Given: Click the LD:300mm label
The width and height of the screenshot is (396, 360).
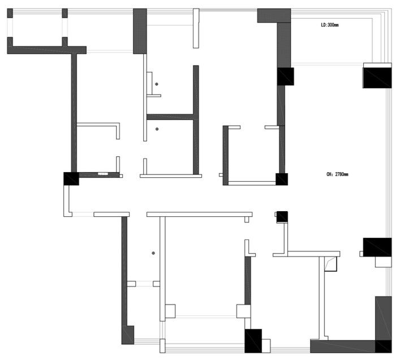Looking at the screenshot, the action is click(x=329, y=25).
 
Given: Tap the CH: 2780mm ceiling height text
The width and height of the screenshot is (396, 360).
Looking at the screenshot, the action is click(x=337, y=174).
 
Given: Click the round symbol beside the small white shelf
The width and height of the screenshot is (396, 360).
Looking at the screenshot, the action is click(x=157, y=84).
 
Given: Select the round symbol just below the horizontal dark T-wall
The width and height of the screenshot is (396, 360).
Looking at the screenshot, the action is click(x=157, y=129).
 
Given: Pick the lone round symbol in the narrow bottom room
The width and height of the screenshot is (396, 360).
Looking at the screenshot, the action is click(x=153, y=253).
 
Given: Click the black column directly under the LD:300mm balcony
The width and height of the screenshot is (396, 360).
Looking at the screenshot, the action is click(x=285, y=76).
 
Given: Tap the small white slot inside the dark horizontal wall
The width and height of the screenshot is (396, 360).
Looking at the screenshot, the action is click(x=103, y=174).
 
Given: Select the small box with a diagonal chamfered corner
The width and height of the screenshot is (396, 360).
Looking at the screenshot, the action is click(x=330, y=264).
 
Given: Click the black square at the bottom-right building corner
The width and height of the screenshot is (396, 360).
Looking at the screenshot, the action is click(x=384, y=346).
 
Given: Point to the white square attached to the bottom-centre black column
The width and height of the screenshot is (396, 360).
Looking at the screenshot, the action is click(x=266, y=346).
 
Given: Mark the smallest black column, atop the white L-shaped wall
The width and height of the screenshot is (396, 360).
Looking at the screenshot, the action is click(x=282, y=217).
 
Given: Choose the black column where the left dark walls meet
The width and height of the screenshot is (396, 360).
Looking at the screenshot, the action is click(x=71, y=179).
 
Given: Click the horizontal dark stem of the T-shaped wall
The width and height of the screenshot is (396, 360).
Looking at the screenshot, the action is click(x=170, y=117).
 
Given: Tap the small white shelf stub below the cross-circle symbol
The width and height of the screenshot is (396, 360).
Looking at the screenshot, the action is click(x=154, y=96).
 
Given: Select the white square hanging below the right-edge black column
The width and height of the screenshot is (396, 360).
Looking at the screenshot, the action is click(x=383, y=262).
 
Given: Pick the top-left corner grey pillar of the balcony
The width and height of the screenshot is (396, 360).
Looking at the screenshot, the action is click(x=10, y=13).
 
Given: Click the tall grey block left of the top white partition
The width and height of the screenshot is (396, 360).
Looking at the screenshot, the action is click(x=140, y=31).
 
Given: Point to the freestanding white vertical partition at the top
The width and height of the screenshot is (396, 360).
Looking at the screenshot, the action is click(x=196, y=28).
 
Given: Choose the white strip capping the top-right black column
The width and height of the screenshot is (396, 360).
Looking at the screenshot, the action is click(x=377, y=65).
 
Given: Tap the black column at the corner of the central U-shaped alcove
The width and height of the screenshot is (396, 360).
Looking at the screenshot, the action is click(x=282, y=179).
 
